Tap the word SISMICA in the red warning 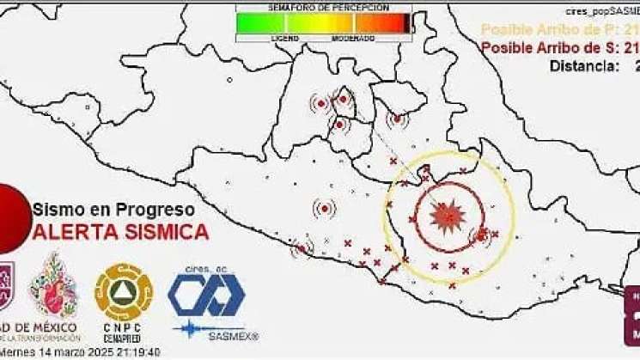tap(165, 231)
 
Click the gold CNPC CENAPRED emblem tap(124, 290)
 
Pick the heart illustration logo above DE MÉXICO tap(54, 289)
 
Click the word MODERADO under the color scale tap(354, 39)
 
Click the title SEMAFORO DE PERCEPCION tap(324, 7)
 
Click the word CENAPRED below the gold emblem tap(124, 339)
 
